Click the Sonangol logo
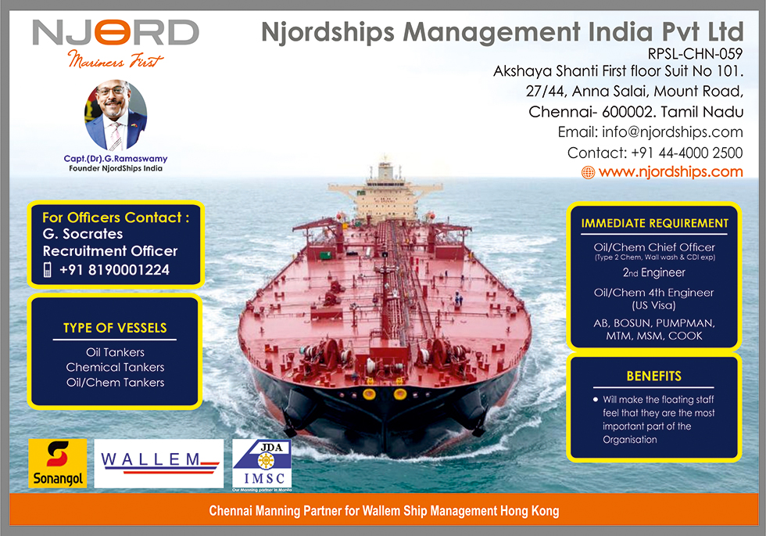click(58, 463)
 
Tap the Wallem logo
click(159, 463)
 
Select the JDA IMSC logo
click(262, 465)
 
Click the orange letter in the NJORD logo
click(113, 32)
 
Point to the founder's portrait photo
click(116, 116)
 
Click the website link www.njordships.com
click(671, 171)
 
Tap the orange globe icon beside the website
click(588, 172)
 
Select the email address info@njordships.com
click(672, 132)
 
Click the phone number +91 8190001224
click(114, 269)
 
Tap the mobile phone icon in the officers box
click(48, 269)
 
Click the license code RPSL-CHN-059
click(695, 53)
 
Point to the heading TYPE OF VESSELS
click(115, 328)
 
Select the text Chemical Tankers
click(116, 367)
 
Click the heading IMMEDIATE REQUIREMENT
click(655, 224)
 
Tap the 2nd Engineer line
click(654, 272)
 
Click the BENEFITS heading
click(653, 376)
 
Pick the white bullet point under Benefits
click(596, 400)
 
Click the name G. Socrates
click(83, 234)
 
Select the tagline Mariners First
click(116, 59)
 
